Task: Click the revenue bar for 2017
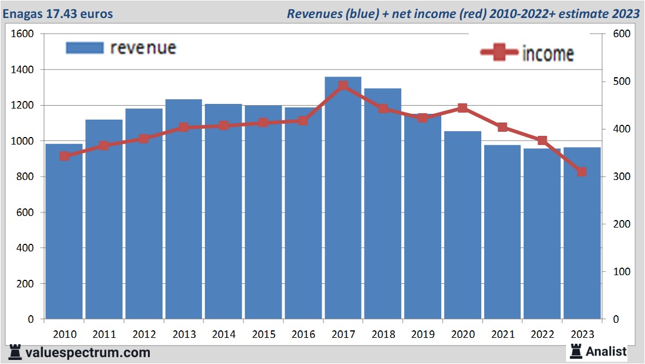click(343, 197)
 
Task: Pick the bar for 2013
click(183, 209)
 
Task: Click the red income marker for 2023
click(582, 172)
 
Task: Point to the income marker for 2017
click(343, 86)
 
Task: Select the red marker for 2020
click(462, 108)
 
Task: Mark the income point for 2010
click(64, 156)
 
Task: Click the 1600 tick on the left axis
click(23, 34)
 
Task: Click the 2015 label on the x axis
click(264, 334)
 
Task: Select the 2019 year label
click(423, 334)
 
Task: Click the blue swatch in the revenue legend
click(85, 48)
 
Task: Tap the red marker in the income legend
click(499, 52)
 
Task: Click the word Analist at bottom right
click(606, 351)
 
